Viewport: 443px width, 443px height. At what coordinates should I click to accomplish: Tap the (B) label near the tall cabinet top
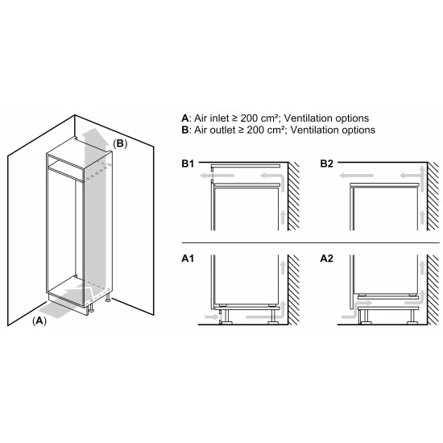click(119, 143)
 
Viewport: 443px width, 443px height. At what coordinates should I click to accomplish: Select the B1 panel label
click(187, 164)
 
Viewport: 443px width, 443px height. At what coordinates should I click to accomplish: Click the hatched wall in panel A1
click(294, 290)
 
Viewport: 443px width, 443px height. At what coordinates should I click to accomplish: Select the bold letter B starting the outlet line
click(185, 129)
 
